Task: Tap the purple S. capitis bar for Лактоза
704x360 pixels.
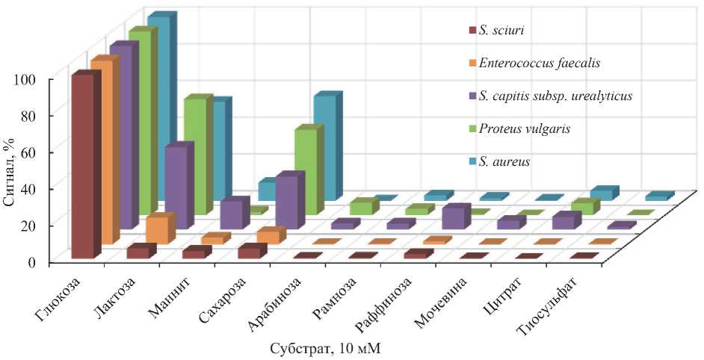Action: pyautogui.click(x=175, y=186)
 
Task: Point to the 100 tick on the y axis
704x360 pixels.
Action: pyautogui.click(x=37, y=79)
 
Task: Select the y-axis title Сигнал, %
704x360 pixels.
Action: pyautogui.click(x=16, y=171)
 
